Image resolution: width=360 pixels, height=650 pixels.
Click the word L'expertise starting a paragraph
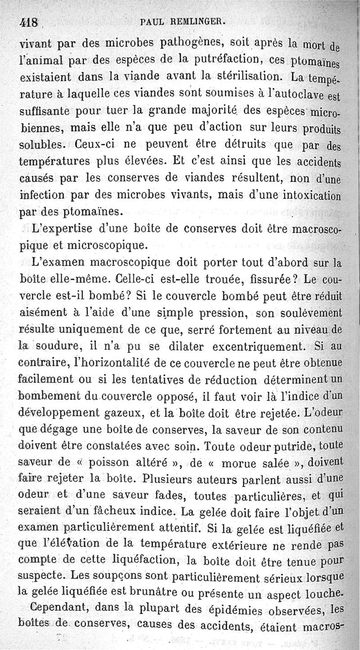point(61,229)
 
